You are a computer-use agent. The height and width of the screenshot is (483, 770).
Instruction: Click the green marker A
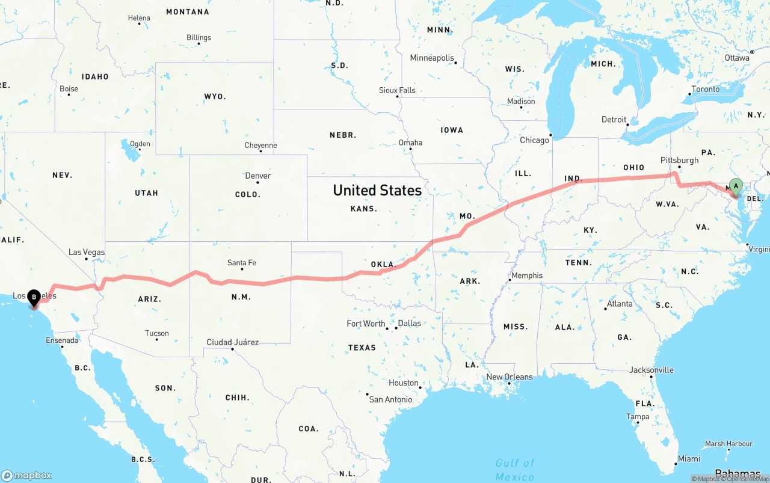click(x=735, y=186)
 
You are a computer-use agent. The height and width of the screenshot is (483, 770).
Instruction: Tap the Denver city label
click(x=257, y=176)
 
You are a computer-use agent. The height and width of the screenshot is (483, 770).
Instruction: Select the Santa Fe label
click(x=242, y=263)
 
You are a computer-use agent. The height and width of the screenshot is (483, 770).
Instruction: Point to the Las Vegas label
click(x=87, y=252)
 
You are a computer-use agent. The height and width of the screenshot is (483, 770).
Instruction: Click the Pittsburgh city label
click(x=679, y=161)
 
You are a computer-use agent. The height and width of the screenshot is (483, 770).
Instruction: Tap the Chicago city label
click(x=534, y=140)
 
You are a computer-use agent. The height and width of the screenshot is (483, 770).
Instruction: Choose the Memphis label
click(x=527, y=275)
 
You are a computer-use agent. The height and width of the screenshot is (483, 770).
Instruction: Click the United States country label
click(x=377, y=190)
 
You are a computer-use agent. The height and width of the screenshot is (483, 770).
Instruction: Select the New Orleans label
click(x=510, y=377)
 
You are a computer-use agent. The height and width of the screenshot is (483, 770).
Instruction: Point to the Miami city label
click(x=689, y=459)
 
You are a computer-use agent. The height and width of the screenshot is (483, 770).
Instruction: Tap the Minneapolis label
click(x=432, y=58)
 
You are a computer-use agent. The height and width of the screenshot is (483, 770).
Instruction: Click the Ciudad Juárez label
click(x=233, y=342)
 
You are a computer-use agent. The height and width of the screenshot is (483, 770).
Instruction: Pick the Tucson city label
click(x=157, y=333)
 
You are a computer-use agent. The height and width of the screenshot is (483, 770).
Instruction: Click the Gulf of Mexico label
click(x=515, y=469)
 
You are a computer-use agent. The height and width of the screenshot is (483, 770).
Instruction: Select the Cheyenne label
click(x=260, y=146)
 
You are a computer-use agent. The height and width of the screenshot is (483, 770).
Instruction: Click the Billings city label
click(x=199, y=37)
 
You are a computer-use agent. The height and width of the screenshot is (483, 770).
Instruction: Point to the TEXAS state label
click(x=362, y=348)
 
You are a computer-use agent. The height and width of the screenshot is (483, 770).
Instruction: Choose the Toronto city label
click(x=706, y=89)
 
